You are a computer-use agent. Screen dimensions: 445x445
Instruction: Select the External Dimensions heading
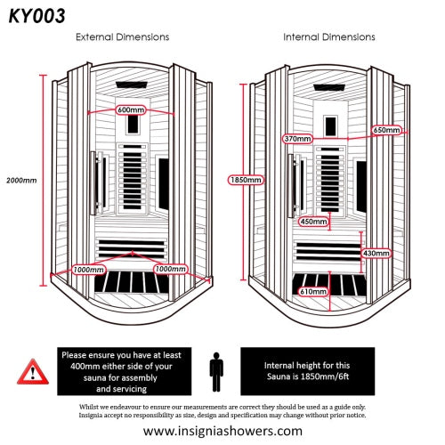tap(123, 37)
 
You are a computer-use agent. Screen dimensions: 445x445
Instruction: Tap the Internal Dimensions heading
tap(328, 37)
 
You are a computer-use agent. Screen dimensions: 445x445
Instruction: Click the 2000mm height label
tap(21, 181)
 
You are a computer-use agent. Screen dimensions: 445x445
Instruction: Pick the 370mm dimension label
tap(296, 139)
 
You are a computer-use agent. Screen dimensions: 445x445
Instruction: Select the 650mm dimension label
tap(387, 130)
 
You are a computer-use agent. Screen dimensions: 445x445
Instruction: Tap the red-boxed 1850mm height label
tap(246, 180)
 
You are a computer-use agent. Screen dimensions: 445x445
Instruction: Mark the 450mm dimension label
tap(312, 222)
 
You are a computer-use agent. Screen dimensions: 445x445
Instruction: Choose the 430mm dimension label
tap(376, 253)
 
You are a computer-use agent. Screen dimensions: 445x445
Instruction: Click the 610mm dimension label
tap(311, 291)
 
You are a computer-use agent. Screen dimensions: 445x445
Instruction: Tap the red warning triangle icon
tap(31, 369)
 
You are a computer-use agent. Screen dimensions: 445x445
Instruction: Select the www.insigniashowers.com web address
tap(222, 431)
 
